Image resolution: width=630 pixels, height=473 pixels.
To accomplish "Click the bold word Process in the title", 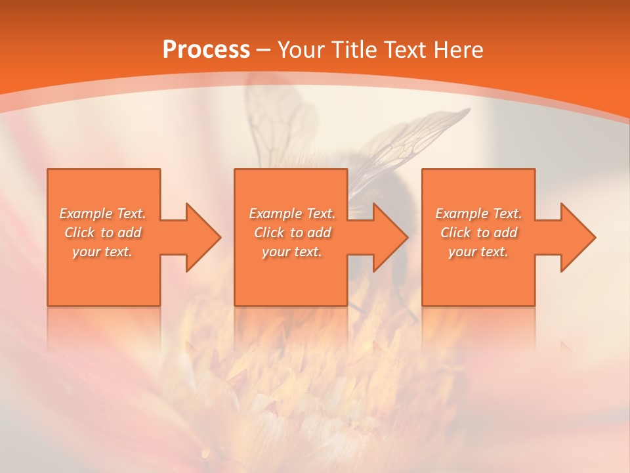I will pos(206,50).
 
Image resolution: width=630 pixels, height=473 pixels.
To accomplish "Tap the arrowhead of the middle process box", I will pos(390,237).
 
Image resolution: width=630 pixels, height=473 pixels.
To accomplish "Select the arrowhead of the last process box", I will pos(577,237).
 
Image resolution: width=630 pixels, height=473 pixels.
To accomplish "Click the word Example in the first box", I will pos(85,214).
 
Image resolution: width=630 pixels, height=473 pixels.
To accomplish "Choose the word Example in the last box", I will pos(461,214).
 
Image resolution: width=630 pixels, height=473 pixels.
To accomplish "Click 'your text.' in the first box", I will pos(103,252).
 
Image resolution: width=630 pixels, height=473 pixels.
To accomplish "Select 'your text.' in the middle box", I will pos(292,252).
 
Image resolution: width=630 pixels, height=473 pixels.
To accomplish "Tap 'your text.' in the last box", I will pos(478,252).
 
